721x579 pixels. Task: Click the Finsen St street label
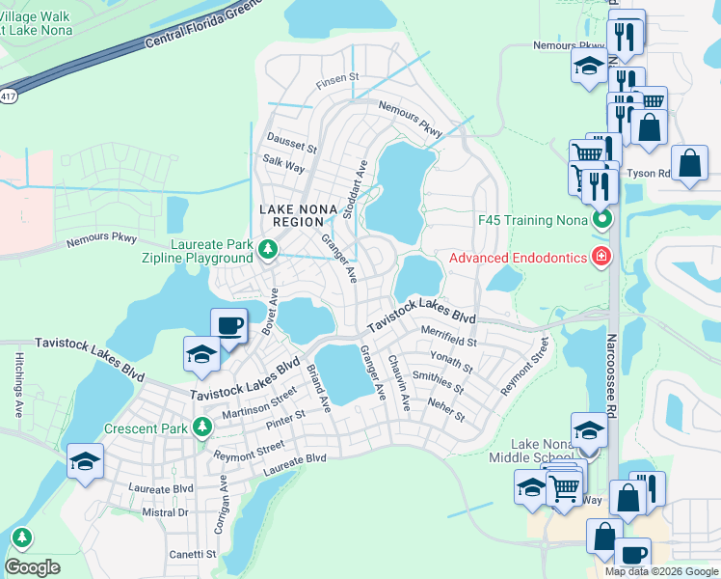[x=337, y=76]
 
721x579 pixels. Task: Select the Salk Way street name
[x=282, y=167]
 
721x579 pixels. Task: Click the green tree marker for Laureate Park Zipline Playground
[x=268, y=251]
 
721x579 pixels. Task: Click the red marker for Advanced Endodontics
[x=601, y=256]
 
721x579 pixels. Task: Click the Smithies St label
[x=438, y=384]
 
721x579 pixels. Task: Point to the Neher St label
[x=446, y=410]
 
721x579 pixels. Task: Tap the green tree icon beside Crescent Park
[x=201, y=426]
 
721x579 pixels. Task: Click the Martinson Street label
[x=255, y=405]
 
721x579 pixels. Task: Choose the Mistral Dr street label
[x=165, y=512]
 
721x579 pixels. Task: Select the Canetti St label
[x=193, y=554]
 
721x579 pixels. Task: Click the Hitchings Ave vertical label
[x=17, y=383]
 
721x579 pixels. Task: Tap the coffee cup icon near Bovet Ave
[x=228, y=325]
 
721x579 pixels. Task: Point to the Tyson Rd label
[x=648, y=174]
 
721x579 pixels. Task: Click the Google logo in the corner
[x=33, y=566]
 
